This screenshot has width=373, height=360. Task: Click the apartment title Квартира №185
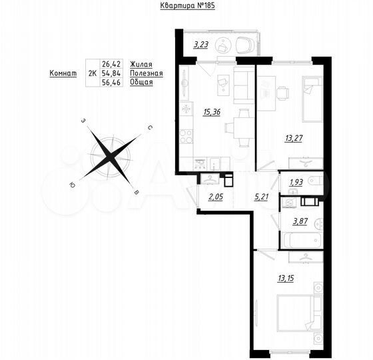[x=188, y=5]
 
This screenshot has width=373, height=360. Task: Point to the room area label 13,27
[x=294, y=139]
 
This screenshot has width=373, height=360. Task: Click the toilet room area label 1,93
[x=296, y=181]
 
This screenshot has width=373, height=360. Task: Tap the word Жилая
[x=141, y=65]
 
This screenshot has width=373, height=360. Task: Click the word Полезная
[x=147, y=73]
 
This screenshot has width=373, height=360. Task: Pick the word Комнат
[x=62, y=73]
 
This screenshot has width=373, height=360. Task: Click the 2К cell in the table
[x=91, y=73]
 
